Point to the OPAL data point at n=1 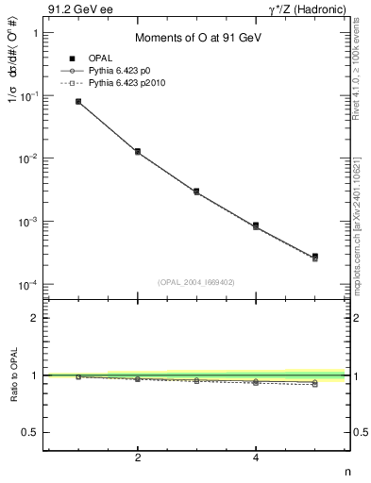[78, 101]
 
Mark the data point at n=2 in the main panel [138, 151]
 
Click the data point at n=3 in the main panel [196, 191]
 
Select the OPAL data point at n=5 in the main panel [315, 256]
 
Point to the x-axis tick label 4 [256, 458]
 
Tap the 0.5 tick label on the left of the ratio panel [31, 432]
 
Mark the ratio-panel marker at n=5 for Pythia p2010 [315, 384]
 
